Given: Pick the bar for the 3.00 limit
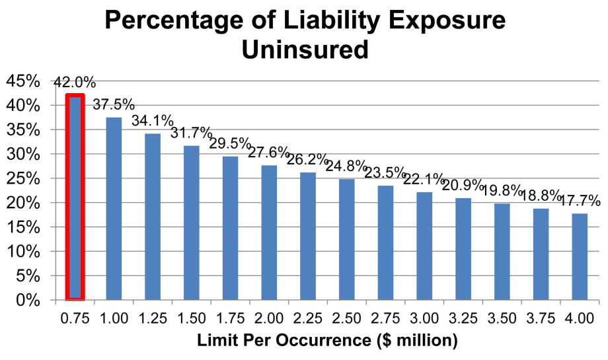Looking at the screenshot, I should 424,246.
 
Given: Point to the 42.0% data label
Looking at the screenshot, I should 75,83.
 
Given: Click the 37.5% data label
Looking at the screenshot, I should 114,105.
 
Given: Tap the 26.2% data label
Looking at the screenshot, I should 308,160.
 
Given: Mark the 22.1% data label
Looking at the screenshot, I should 424,180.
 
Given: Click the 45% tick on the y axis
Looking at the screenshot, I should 23,81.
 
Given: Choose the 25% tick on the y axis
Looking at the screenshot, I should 23,178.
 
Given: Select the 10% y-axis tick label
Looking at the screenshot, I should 23,252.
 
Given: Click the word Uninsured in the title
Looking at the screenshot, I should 304,49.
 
